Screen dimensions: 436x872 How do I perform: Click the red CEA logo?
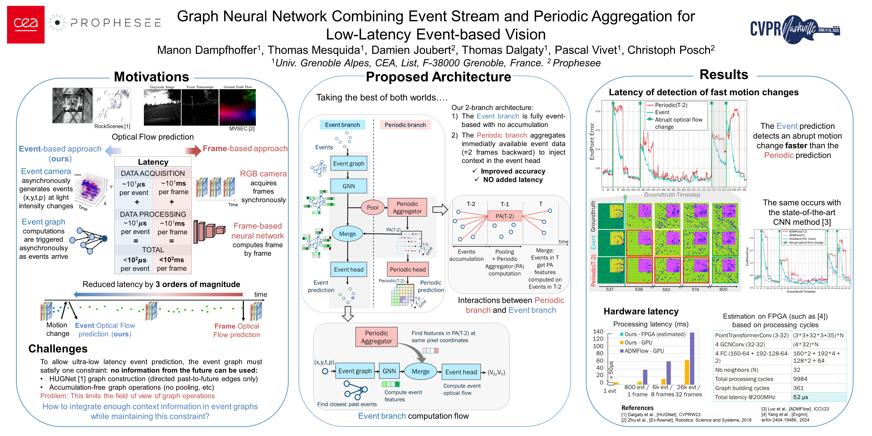pyautogui.click(x=26, y=24)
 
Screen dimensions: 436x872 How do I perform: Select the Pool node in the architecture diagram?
pyautogui.click(x=372, y=208)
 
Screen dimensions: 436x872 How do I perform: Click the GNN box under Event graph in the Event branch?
pyautogui.click(x=348, y=186)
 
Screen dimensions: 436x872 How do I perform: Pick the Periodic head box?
pyautogui.click(x=408, y=269)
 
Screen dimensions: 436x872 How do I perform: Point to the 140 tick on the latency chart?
pyautogui.click(x=598, y=331)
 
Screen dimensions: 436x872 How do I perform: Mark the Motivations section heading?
pyautogui.click(x=151, y=77)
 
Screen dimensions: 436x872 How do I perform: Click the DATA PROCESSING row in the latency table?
pyautogui.click(x=153, y=214)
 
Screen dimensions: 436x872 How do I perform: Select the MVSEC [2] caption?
pyautogui.click(x=242, y=129)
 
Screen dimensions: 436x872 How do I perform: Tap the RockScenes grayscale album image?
pyautogui.click(x=72, y=105)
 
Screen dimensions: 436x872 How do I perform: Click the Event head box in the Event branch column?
pyautogui.click(x=348, y=269)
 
